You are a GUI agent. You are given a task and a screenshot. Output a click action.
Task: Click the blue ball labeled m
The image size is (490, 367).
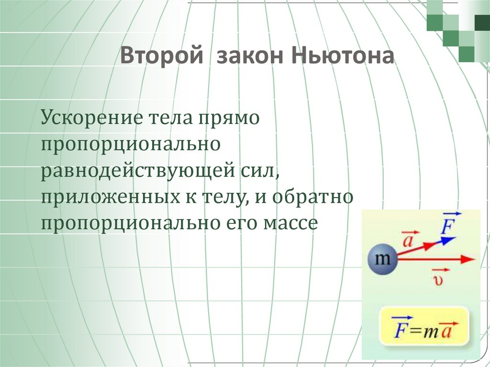(x=382, y=260)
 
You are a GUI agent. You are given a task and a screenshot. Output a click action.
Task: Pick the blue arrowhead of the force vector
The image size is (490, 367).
(x=448, y=240)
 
